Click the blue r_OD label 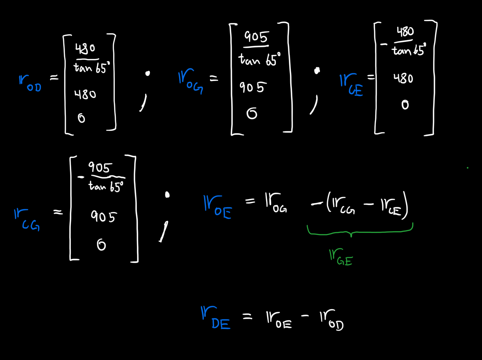coord(30,83)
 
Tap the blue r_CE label coord(351,85)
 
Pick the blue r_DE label coord(216,318)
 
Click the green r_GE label coord(340,257)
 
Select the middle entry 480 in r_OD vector coord(85,95)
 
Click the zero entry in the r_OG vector coord(252,114)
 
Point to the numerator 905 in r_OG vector coord(256,37)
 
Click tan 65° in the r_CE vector coord(409,51)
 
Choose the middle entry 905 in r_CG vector coord(103,216)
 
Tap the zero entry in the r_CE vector coord(405,105)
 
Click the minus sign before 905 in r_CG coord(81,178)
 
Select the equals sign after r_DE coord(247,317)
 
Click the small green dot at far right coord(467,168)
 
